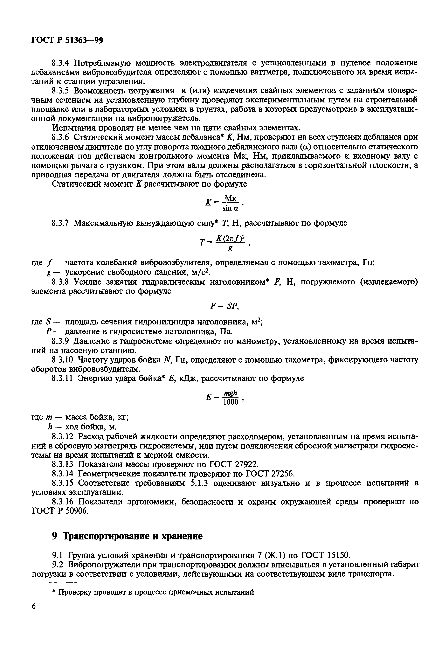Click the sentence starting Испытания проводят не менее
[x=176, y=128]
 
